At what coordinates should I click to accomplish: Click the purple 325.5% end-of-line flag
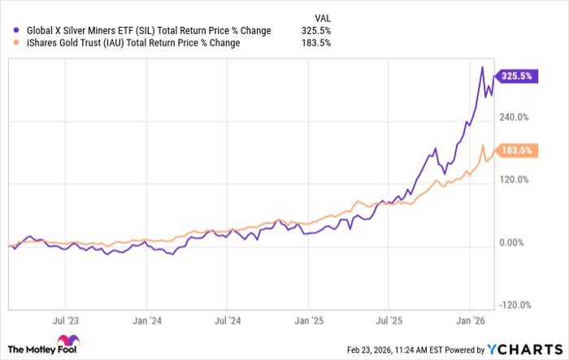pyautogui.click(x=515, y=76)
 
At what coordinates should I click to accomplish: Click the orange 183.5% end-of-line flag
pyautogui.click(x=515, y=150)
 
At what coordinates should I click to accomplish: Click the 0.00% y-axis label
pyautogui.click(x=515, y=243)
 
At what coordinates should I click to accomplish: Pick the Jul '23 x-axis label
pyautogui.click(x=67, y=321)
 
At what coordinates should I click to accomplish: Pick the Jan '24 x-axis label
pyautogui.click(x=146, y=321)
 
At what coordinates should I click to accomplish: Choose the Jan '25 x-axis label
pyautogui.click(x=309, y=321)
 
